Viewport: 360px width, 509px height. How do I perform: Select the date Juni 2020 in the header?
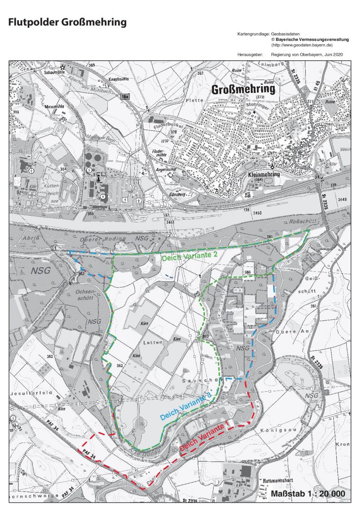click(x=333, y=54)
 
